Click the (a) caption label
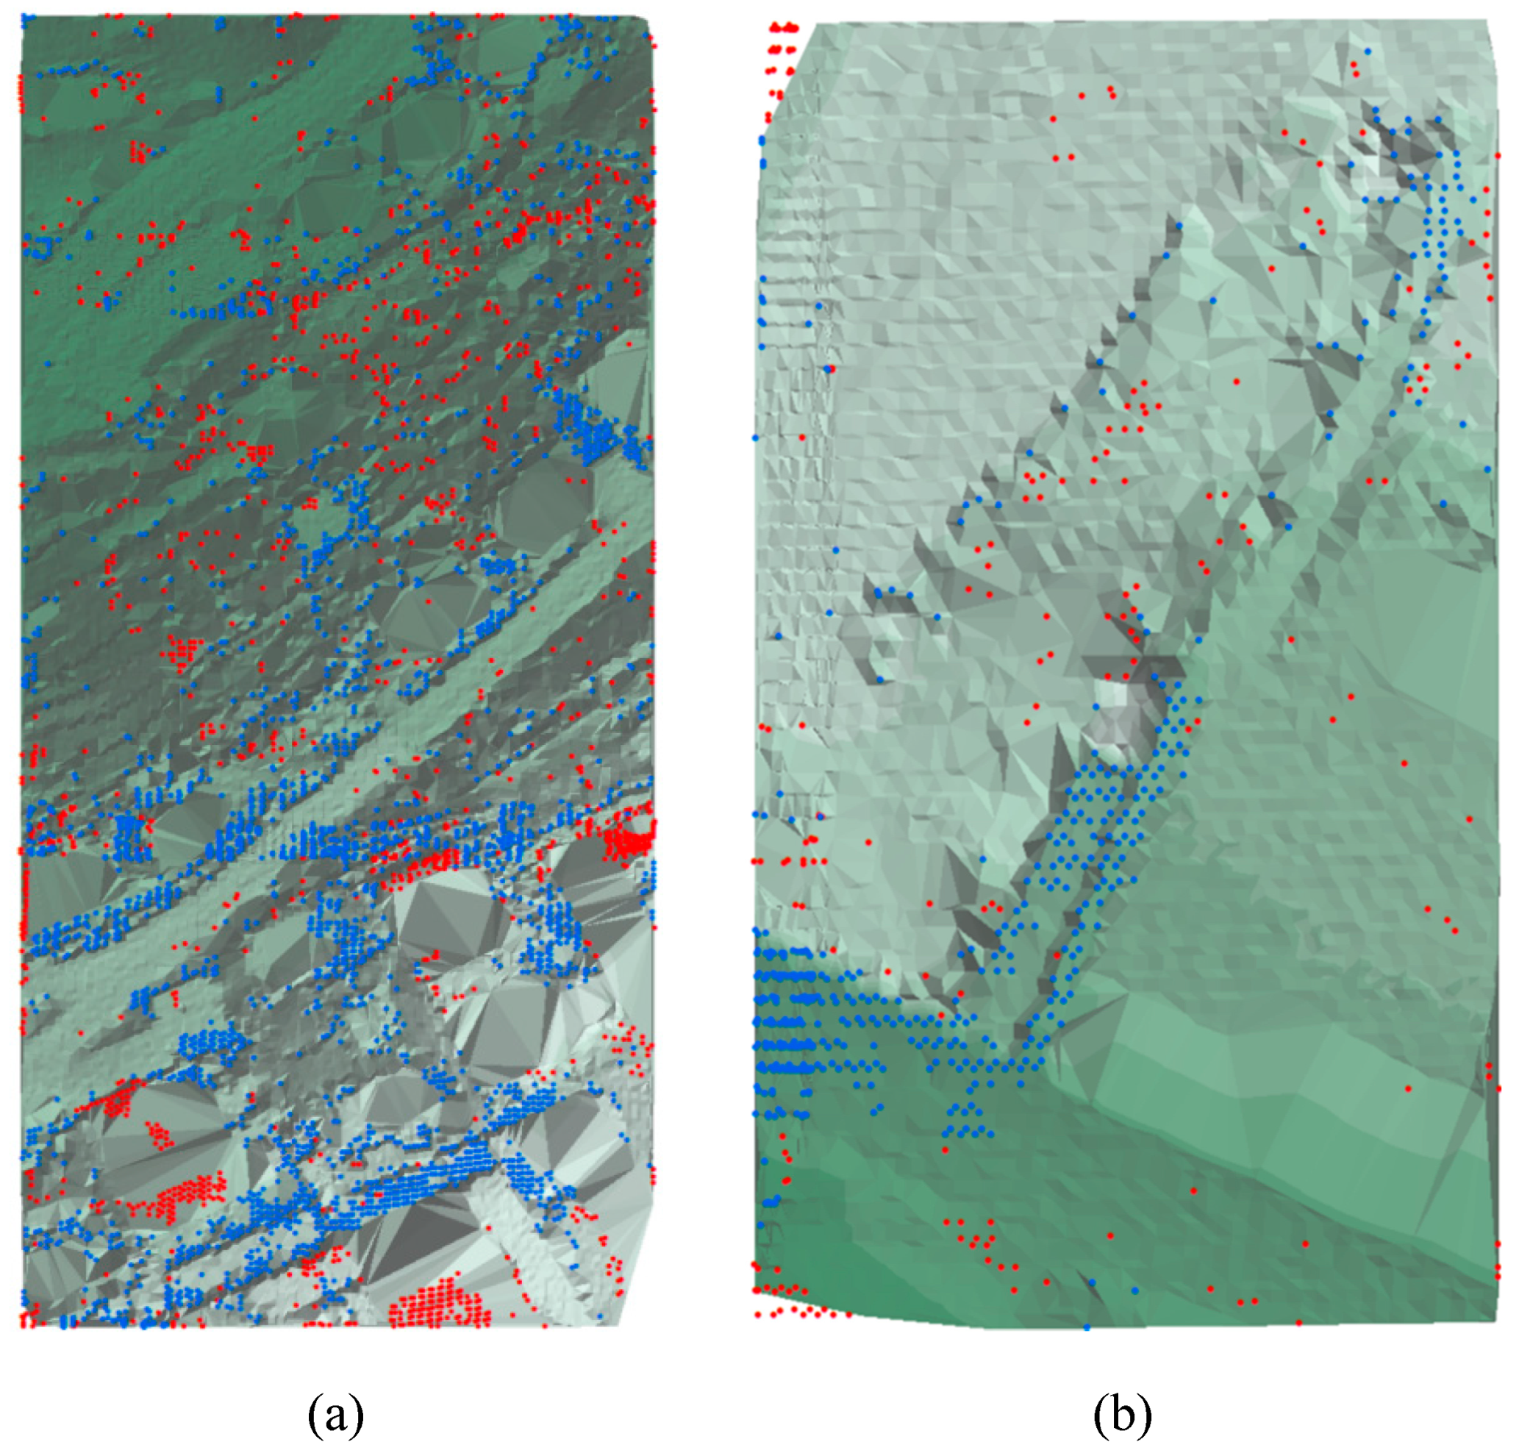coord(335,1415)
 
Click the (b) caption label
coord(1123,1415)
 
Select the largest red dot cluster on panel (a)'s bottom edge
coord(438,1305)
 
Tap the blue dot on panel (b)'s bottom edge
coord(1087,1327)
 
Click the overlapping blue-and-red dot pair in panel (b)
coord(829,369)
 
